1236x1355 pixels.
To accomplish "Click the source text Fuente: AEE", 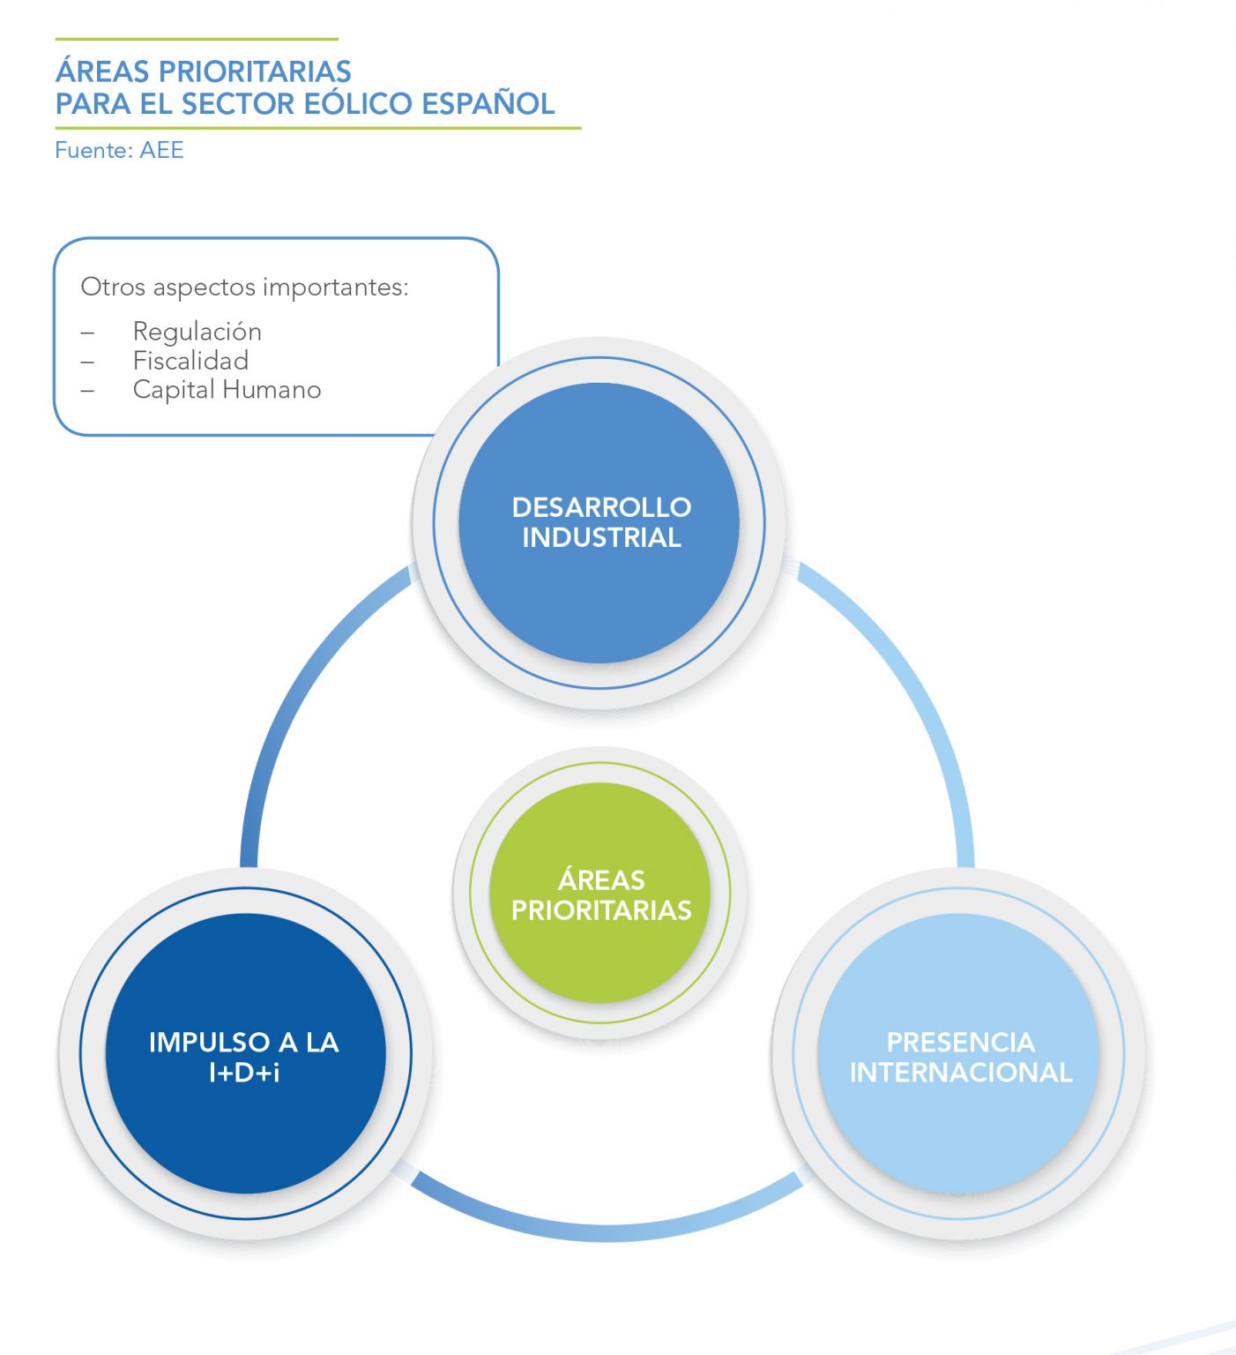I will click(119, 150).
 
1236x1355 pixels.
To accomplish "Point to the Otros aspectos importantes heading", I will click(244, 288).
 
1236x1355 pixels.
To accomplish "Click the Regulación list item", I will click(197, 332).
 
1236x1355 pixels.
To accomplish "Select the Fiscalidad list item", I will click(190, 361).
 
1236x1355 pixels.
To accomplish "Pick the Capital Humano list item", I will click(227, 390).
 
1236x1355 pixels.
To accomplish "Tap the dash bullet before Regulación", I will click(87, 333).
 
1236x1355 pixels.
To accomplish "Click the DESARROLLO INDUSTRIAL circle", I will click(599, 600).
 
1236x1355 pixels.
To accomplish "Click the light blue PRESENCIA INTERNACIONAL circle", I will click(959, 1129).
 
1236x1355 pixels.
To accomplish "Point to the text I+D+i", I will click(244, 1073).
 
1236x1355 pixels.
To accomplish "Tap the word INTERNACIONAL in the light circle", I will click(961, 1073).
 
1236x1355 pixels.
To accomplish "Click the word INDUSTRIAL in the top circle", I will click(601, 537).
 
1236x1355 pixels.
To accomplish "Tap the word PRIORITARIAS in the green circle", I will click(601, 910).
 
